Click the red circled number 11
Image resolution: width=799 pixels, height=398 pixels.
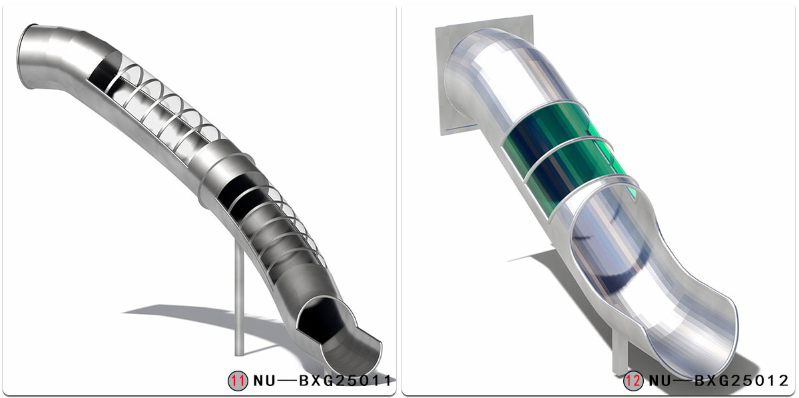coord(238,381)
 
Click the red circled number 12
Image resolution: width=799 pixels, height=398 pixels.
coord(633,381)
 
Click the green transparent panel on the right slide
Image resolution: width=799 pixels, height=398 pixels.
coord(566,160)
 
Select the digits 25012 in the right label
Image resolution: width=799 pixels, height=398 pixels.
coord(759,381)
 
